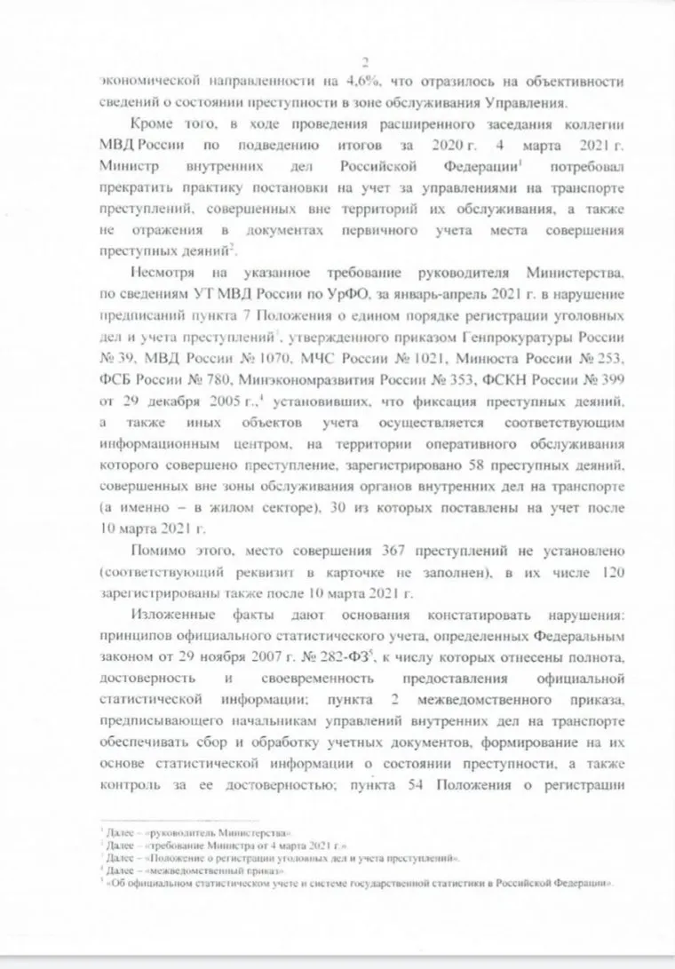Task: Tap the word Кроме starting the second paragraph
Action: click(x=152, y=126)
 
